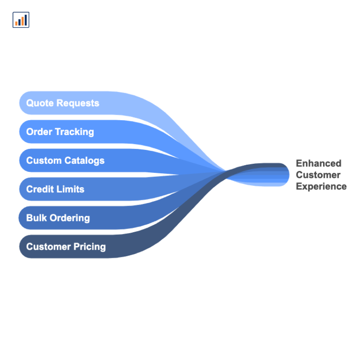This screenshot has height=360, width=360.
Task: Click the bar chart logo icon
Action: pyautogui.click(x=21, y=20)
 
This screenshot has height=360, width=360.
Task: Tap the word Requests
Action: pyautogui.click(x=78, y=103)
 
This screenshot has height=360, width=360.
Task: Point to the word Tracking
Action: pyautogui.click(x=75, y=132)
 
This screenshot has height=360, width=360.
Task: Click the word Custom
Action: pyautogui.click(x=44, y=161)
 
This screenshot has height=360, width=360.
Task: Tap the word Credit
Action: pyautogui.click(x=40, y=189)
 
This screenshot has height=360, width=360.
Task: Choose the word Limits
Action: pyautogui.click(x=70, y=189)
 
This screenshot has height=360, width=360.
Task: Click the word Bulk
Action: pyautogui.click(x=36, y=218)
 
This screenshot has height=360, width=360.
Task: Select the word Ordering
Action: pyautogui.click(x=70, y=218)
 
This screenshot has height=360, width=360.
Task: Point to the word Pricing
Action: pyautogui.click(x=90, y=247)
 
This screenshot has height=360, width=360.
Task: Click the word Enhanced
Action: pyautogui.click(x=319, y=163)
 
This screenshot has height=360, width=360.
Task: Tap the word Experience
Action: pyautogui.click(x=321, y=187)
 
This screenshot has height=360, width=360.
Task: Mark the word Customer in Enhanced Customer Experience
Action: pyautogui.click(x=318, y=175)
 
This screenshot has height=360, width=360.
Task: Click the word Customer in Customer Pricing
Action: pyautogui.click(x=49, y=247)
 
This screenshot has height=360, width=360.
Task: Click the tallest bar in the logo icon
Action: pyautogui.click(x=26, y=20)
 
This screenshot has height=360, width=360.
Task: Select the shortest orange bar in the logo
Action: pyautogui.click(x=17, y=23)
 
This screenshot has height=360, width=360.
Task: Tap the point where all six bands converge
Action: pyautogui.click(x=226, y=171)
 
